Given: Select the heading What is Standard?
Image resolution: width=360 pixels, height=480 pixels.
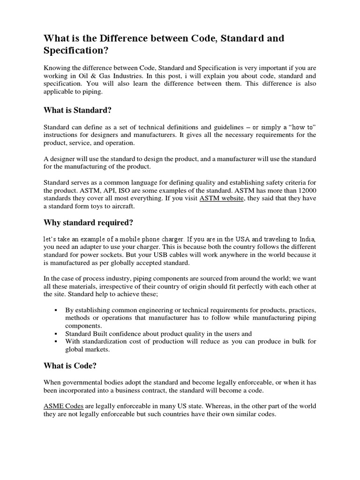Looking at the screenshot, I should tap(78, 110).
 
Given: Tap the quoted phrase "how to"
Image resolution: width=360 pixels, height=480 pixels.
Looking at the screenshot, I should tap(302, 127).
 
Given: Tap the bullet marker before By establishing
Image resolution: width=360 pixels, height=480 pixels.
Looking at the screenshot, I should tap(55, 310).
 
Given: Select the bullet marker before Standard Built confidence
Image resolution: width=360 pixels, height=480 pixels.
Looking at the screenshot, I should tap(55, 333).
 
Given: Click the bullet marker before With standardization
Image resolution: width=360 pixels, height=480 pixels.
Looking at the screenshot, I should tap(55, 342).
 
